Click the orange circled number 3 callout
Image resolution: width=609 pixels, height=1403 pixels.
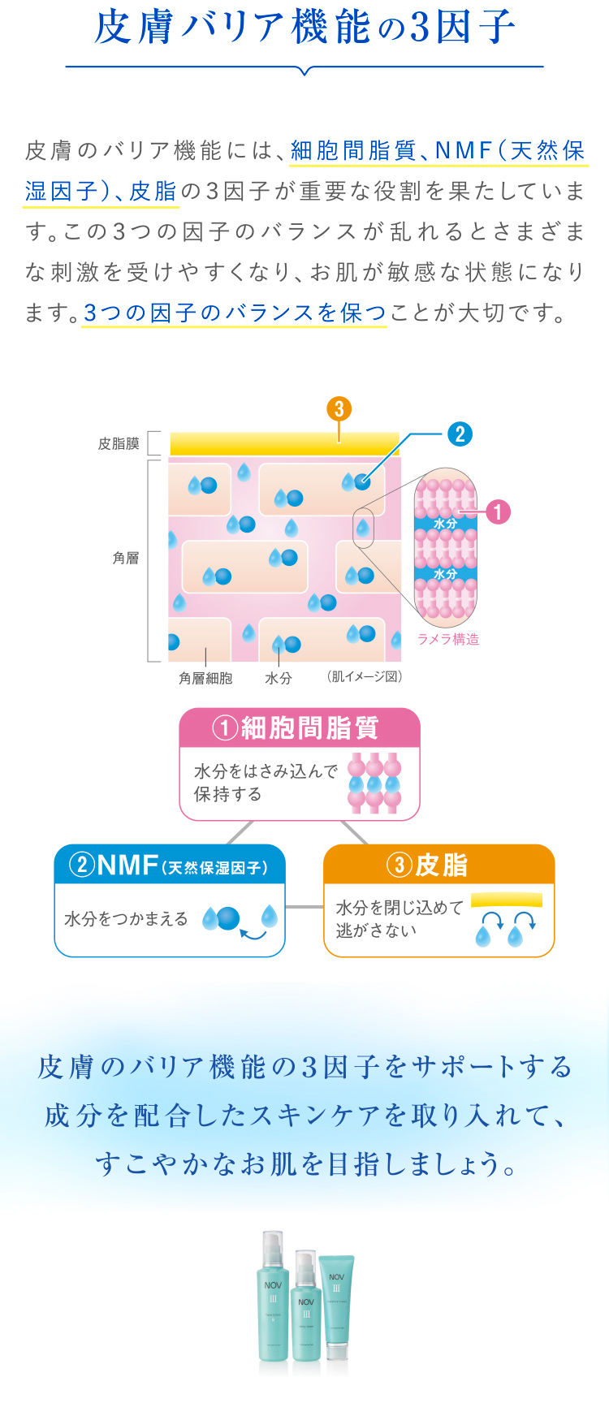(x=339, y=408)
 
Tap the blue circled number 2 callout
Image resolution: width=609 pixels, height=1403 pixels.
(x=460, y=434)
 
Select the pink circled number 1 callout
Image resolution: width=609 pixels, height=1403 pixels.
(x=498, y=512)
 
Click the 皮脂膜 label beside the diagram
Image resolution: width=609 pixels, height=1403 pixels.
(x=119, y=443)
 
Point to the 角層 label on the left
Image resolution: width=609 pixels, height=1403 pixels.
(x=126, y=558)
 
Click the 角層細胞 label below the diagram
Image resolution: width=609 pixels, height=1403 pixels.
(x=205, y=678)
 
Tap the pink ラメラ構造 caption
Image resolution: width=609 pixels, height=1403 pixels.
(x=448, y=639)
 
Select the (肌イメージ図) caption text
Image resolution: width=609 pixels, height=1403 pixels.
(x=365, y=676)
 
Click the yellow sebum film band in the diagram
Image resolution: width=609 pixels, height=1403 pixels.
(x=284, y=444)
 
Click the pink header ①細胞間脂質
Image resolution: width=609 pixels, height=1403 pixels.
(x=299, y=727)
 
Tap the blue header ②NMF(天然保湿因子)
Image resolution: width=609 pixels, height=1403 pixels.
(x=170, y=865)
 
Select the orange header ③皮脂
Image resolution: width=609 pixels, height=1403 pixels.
(x=438, y=865)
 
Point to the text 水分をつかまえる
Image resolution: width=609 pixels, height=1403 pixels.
(x=126, y=919)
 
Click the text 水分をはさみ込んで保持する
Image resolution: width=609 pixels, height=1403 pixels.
(x=265, y=782)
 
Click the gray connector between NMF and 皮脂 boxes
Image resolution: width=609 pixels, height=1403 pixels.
(x=304, y=906)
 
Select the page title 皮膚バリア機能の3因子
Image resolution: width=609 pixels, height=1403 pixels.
(x=304, y=27)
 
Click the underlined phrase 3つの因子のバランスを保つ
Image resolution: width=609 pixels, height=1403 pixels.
(x=235, y=313)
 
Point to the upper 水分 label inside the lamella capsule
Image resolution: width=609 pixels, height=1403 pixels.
(x=445, y=524)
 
